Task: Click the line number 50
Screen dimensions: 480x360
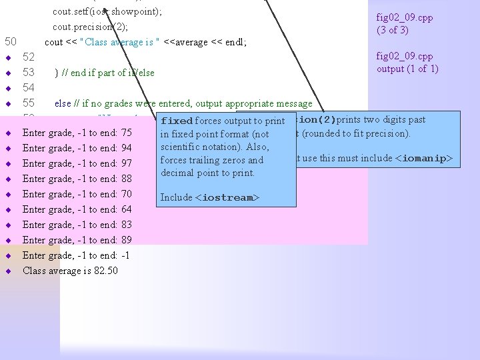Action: [x=10, y=42]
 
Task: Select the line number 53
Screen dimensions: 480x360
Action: [x=29, y=73]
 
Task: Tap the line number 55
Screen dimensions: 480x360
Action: [x=29, y=103]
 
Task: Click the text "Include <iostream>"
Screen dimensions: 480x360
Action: [x=209, y=198]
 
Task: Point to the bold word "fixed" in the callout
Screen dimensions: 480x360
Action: [x=177, y=121]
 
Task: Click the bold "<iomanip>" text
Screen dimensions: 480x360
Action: [x=423, y=159]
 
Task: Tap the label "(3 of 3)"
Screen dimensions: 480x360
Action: [x=393, y=30]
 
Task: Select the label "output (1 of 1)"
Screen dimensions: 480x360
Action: [x=407, y=69]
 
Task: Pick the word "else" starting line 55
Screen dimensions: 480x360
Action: [x=63, y=103]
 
